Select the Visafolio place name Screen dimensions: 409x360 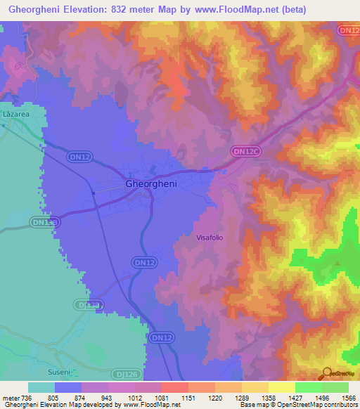[x=209, y=238]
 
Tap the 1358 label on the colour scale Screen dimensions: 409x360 [x=269, y=397]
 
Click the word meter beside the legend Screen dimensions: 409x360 [x=11, y=397]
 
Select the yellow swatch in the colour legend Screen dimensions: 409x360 [x=281, y=387]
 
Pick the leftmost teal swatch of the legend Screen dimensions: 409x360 [x=41, y=387]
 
